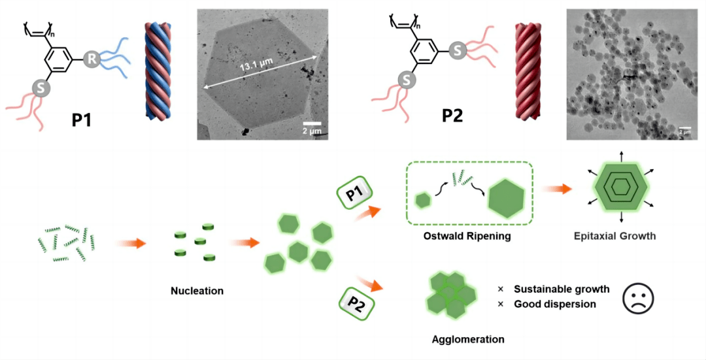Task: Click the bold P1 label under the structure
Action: pos(80,119)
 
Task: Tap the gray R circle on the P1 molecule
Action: pos(92,60)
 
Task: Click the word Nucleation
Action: pos(197,291)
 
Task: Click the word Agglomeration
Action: pos(468,339)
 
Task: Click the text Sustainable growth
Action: pos(562,289)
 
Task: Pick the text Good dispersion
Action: pos(554,304)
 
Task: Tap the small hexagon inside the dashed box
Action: pos(424,200)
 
